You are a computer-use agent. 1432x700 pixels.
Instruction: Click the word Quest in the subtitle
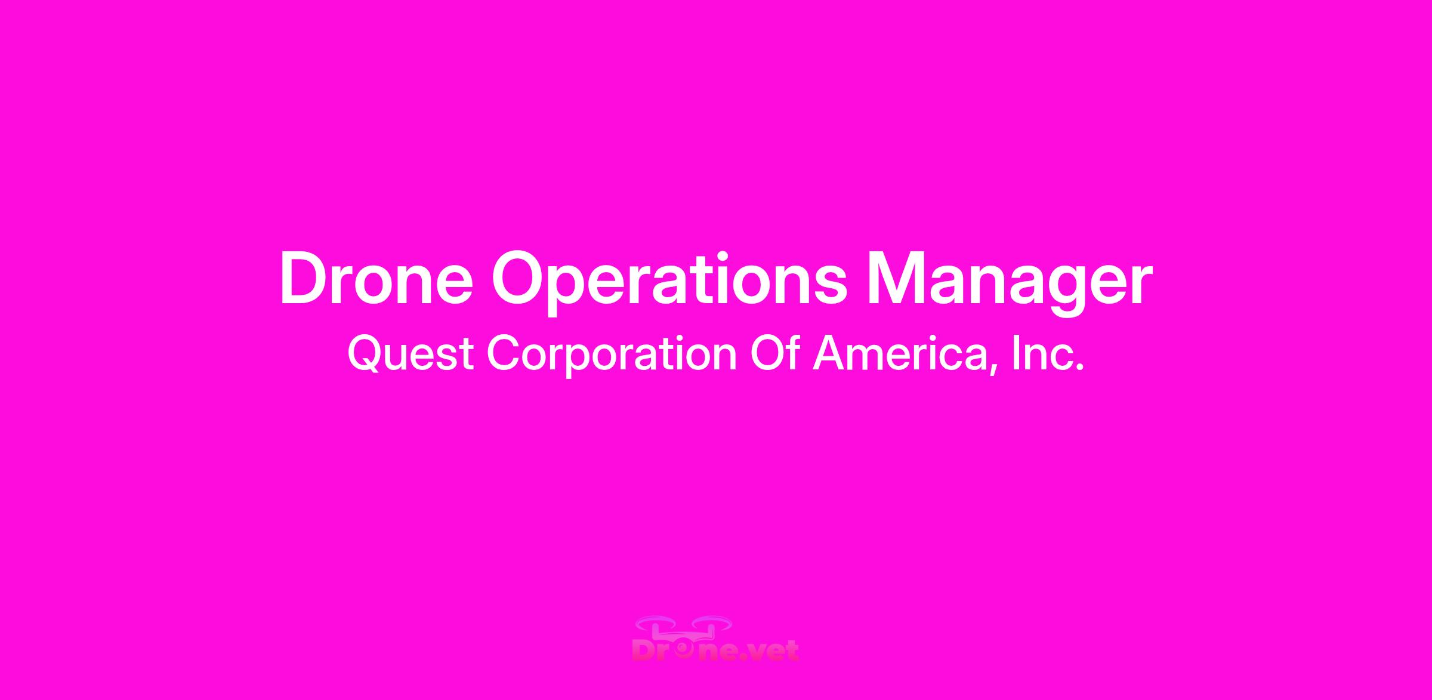tap(411, 354)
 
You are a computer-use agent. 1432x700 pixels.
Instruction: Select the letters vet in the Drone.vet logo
tap(774, 650)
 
